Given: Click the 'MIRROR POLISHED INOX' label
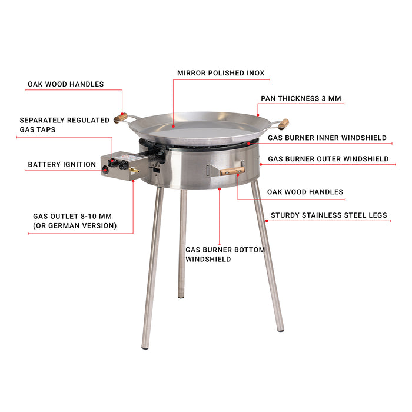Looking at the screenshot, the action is [221, 73].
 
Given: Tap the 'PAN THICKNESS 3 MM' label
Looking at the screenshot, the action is [301, 98].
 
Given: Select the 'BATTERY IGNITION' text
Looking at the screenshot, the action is [62, 164].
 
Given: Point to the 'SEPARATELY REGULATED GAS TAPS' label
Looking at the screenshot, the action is [64, 125].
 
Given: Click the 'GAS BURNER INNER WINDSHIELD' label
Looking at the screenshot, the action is [327, 138].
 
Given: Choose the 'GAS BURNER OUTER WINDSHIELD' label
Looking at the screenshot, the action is [328, 159].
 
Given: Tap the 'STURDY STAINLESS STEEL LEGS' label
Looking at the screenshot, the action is [329, 215].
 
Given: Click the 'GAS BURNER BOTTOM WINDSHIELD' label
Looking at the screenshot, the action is [225, 254].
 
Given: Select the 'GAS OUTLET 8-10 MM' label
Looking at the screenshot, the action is [72, 216].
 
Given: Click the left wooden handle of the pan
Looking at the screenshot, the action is [121, 118].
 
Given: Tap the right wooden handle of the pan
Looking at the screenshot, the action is [284, 124].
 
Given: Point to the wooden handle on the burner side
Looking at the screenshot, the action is [232, 171].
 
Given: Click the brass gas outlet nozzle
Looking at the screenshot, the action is [134, 170].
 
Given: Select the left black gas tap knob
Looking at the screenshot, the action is [112, 163].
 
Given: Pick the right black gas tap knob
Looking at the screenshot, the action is [123, 165].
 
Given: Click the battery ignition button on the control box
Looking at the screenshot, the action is [105, 170].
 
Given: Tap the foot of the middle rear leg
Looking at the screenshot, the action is [181, 296].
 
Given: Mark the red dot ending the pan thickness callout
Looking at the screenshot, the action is [258, 115].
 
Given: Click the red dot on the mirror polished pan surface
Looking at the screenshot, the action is [174, 127].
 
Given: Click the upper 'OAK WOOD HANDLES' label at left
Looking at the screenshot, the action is [66, 84].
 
